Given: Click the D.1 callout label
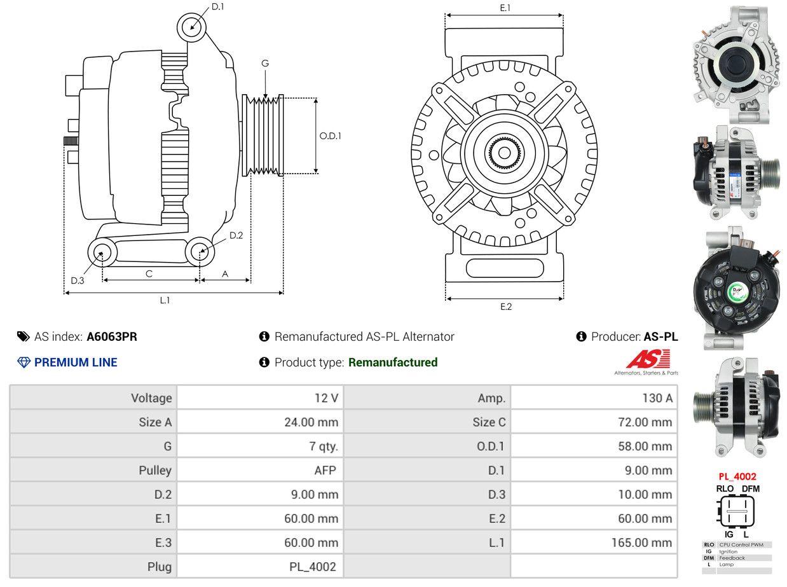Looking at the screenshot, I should click(217, 7).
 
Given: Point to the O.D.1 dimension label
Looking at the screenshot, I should click(330, 135).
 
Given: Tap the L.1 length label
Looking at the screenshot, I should click(165, 300).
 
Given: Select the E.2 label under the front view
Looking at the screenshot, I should click(505, 307).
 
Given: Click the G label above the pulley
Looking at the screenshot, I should click(265, 63).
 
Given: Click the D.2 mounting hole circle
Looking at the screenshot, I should click(200, 252).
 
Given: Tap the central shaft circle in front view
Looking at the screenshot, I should click(504, 153).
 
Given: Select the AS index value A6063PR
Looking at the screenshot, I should click(112, 336).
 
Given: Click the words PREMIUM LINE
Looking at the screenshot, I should click(76, 363).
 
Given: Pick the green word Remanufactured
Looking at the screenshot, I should click(393, 363).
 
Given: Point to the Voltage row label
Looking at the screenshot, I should click(151, 398).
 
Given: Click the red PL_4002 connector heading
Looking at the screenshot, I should click(737, 476).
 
